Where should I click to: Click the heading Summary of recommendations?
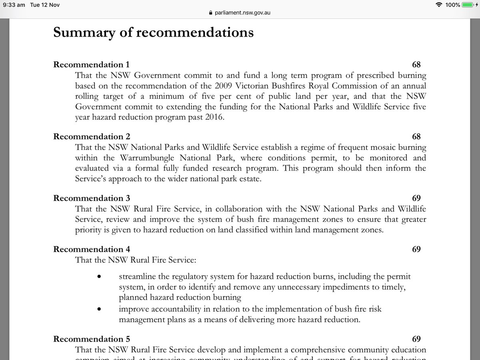click(x=153, y=32)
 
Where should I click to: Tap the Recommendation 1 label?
click(x=92, y=65)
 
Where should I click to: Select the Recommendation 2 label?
click(x=92, y=137)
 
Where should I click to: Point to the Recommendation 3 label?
click(x=92, y=198)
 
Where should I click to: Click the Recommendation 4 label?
click(x=92, y=250)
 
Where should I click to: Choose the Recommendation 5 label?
click(x=92, y=339)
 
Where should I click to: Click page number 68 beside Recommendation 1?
click(x=416, y=65)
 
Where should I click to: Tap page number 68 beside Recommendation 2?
click(x=416, y=137)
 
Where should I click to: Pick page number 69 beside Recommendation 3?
click(x=416, y=198)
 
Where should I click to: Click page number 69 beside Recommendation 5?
click(x=416, y=339)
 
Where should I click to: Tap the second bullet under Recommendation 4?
click(x=98, y=309)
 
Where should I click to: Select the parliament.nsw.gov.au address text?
click(x=243, y=12)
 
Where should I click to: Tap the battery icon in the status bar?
click(x=467, y=5)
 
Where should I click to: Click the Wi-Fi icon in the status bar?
click(x=440, y=5)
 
